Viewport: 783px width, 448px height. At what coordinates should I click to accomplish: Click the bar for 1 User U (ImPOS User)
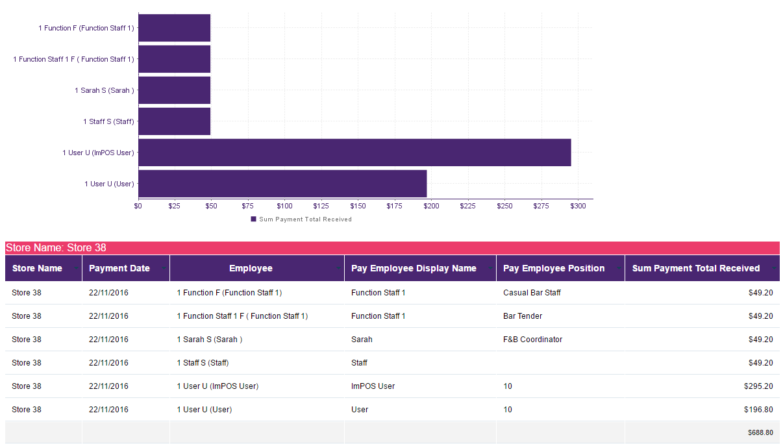click(354, 153)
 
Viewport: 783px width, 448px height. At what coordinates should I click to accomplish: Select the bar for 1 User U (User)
click(282, 184)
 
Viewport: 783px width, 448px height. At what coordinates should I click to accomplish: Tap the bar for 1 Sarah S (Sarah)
click(175, 90)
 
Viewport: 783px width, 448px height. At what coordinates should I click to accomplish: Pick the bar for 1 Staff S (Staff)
click(175, 121)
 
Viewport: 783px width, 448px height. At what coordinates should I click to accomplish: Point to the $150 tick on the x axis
click(358, 206)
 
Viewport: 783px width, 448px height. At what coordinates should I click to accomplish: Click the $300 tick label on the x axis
click(578, 206)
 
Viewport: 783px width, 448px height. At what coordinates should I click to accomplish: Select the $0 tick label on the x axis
click(138, 206)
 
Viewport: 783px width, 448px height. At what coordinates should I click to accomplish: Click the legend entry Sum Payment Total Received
click(301, 219)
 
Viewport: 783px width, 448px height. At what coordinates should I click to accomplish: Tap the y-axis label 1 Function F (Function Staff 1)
click(86, 28)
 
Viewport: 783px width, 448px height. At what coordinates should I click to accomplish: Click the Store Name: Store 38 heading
click(56, 248)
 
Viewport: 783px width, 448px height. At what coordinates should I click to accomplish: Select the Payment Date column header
click(119, 268)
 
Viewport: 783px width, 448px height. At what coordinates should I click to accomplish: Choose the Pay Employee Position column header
click(554, 268)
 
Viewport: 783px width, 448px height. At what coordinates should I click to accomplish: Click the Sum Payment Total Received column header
click(696, 268)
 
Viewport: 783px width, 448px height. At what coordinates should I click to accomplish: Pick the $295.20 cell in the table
click(758, 386)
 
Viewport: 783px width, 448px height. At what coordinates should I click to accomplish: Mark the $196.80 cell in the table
click(758, 410)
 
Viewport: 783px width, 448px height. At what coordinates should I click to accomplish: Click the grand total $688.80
click(760, 432)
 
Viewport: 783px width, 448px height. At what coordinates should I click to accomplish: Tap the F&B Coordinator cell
click(533, 340)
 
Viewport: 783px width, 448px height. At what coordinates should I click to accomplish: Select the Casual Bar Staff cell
click(532, 293)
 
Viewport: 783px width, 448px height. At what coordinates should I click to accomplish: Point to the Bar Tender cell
click(523, 316)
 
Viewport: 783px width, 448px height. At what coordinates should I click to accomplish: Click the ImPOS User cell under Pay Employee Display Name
click(373, 386)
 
